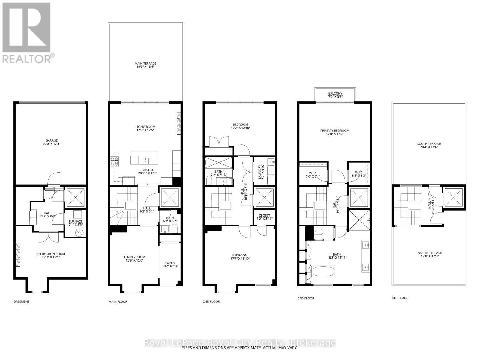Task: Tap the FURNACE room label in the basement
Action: pyautogui.click(x=76, y=221)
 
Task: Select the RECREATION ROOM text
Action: pyautogui.click(x=51, y=254)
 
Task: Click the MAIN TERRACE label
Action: pyautogui.click(x=145, y=64)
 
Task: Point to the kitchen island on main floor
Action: pyautogui.click(x=144, y=158)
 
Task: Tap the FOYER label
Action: pyautogui.click(x=170, y=262)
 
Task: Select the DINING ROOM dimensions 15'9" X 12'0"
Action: pyautogui.click(x=134, y=261)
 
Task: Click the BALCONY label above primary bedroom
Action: pyautogui.click(x=335, y=93)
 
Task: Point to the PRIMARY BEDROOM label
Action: pyautogui.click(x=335, y=130)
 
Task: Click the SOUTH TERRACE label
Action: pyautogui.click(x=429, y=144)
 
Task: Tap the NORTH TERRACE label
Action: pyautogui.click(x=430, y=253)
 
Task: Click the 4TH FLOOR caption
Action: pyautogui.click(x=400, y=298)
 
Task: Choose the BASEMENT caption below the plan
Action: pyautogui.click(x=22, y=301)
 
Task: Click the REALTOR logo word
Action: pyautogui.click(x=27, y=58)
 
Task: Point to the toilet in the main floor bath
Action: pyautogui.click(x=175, y=230)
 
